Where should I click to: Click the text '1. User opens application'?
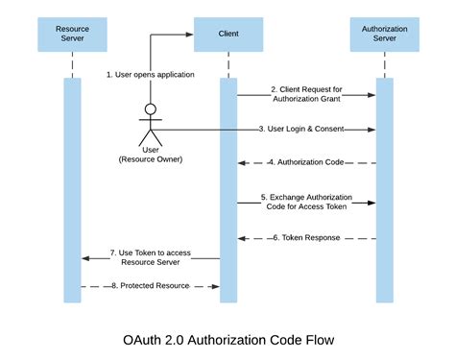tap(150, 74)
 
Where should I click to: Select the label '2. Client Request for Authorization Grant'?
tap(304, 94)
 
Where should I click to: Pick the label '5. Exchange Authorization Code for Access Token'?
tap(304, 202)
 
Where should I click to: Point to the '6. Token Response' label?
tap(304, 237)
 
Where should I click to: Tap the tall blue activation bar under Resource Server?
tap(73, 188)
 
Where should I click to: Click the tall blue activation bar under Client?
tap(227, 188)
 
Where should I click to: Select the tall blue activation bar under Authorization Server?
tap(383, 188)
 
